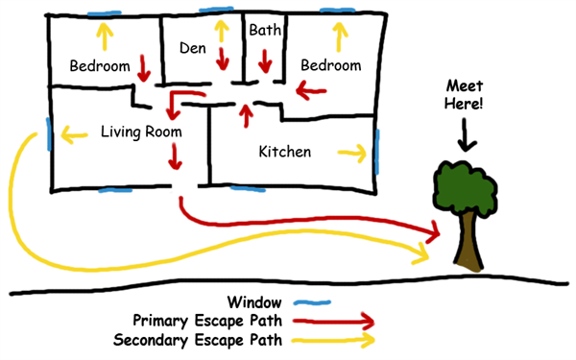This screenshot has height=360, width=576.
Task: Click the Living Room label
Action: (x=141, y=132)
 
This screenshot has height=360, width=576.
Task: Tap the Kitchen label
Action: (x=284, y=152)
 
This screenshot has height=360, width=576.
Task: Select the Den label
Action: (x=193, y=47)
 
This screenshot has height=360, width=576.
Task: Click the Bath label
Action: (x=264, y=31)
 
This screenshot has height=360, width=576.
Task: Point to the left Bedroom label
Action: (x=100, y=66)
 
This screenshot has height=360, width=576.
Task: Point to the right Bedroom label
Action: (x=330, y=65)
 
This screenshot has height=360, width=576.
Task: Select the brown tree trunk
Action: (x=468, y=240)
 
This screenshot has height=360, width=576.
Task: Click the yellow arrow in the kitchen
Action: (x=351, y=152)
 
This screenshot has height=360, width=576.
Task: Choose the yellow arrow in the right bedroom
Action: (x=338, y=36)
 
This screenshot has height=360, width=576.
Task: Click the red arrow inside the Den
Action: (x=223, y=58)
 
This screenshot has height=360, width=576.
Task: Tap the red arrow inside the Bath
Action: (x=264, y=60)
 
